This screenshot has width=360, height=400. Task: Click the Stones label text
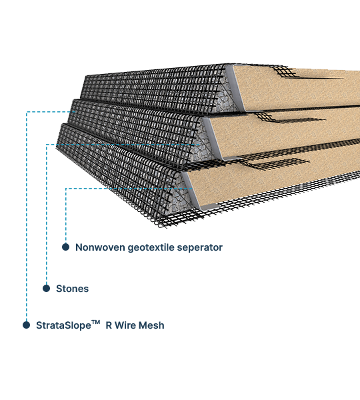click(72, 289)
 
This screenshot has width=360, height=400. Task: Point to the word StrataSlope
click(63, 325)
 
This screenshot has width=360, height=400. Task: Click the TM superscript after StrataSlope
click(96, 323)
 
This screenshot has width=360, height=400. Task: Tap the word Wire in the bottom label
click(125, 325)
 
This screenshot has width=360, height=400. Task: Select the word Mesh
click(152, 325)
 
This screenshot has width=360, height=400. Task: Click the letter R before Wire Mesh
click(109, 325)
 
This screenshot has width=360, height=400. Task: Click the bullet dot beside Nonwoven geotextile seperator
click(65, 247)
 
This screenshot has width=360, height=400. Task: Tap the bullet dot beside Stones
click(46, 288)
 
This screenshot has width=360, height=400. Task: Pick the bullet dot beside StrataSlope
click(26, 325)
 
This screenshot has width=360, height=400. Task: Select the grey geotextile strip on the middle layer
click(214, 139)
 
